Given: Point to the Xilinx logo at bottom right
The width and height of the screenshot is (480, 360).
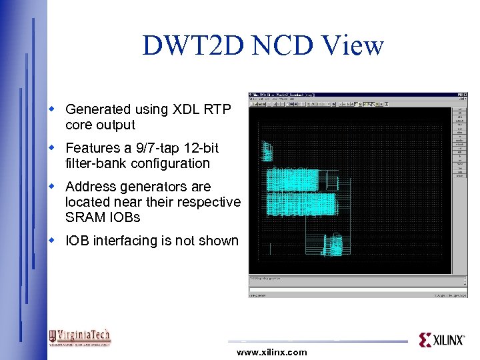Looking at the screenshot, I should pos(441,340).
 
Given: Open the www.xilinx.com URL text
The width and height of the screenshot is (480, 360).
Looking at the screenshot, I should pos(271,352).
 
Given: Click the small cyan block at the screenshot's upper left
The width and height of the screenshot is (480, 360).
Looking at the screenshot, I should pos(267,151).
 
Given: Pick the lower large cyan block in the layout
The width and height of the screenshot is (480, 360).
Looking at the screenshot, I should pos(300,203).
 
